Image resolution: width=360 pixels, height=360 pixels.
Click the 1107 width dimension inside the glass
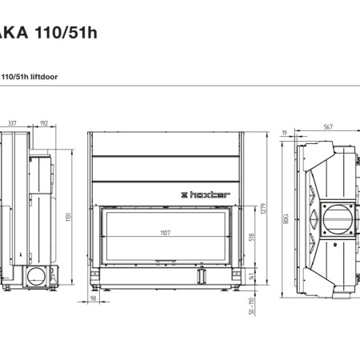pyautogui.click(x=166, y=232)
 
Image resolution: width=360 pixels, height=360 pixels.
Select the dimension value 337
pyautogui.click(x=12, y=124)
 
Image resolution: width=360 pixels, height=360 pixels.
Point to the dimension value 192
pyautogui.click(x=43, y=124)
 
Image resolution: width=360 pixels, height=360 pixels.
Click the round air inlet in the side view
pyautogui.click(x=36, y=277)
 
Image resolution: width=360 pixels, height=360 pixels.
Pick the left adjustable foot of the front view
pyautogui.click(x=98, y=285)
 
